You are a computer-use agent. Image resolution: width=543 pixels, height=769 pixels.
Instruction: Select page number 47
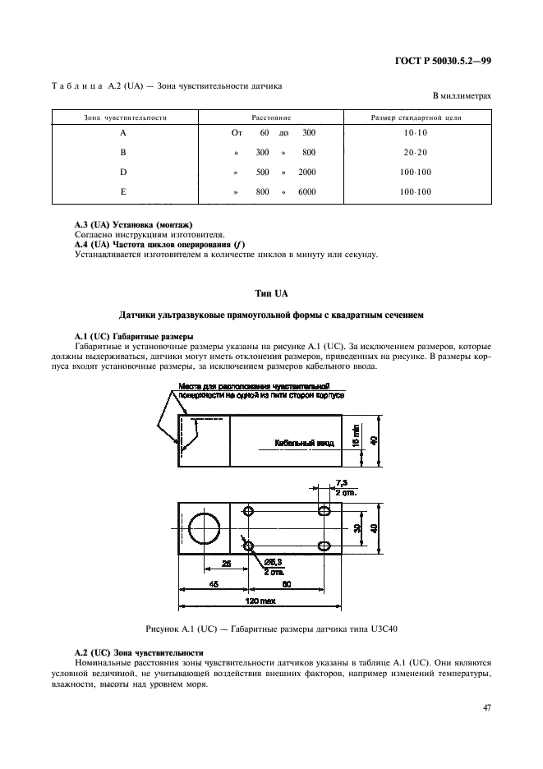tap(486, 706)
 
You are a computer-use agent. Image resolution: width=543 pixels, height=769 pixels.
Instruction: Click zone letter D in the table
tap(122, 172)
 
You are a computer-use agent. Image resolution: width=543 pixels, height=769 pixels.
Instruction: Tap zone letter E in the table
tap(122, 191)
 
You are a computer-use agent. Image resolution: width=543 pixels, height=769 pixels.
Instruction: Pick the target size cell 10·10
tap(416, 132)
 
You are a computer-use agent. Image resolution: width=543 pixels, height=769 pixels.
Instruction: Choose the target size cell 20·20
tap(416, 152)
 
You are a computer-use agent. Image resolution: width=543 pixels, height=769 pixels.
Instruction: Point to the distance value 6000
tap(307, 191)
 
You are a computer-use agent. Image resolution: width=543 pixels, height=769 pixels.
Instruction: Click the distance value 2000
tap(307, 172)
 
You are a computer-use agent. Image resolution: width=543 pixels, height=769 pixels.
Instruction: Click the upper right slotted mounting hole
tap(325, 512)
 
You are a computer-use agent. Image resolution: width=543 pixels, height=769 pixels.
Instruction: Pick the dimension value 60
tap(287, 584)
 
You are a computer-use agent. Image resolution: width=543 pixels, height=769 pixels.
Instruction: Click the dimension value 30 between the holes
tap(357, 529)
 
